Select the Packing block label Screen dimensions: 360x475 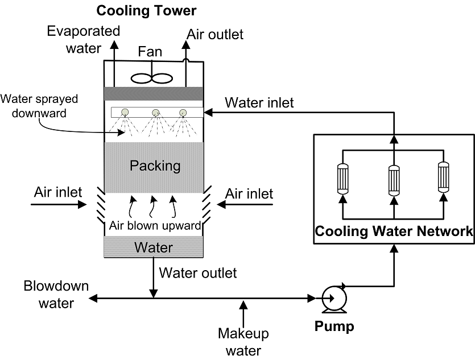155,166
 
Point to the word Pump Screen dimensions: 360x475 334,327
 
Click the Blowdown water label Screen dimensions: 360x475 56,295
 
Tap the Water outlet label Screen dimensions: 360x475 197,273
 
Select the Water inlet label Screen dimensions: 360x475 259,103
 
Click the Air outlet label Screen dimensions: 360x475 215,34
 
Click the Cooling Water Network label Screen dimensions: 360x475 394,231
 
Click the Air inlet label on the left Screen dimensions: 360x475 58,192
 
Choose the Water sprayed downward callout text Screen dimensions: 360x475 39,106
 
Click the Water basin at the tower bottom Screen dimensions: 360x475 152,247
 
